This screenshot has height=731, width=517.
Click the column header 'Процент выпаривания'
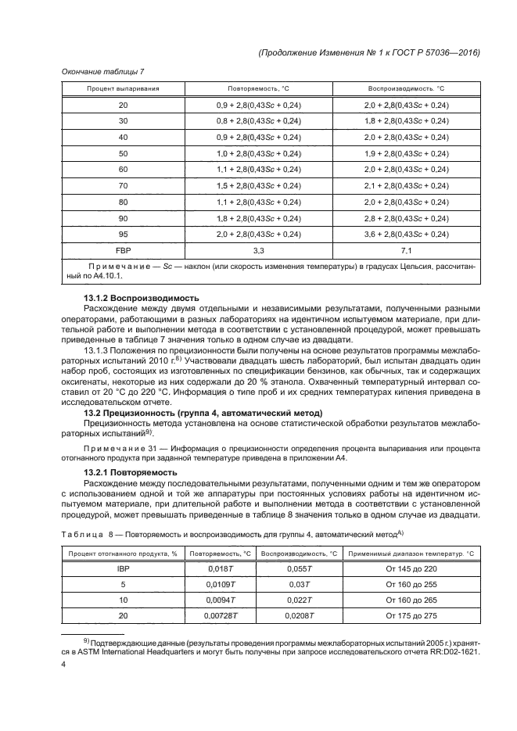click(123, 88)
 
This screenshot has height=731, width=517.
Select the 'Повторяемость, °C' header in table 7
click(257, 88)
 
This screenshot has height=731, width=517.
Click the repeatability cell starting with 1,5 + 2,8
click(257, 185)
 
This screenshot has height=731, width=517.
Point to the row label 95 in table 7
click(123, 235)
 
